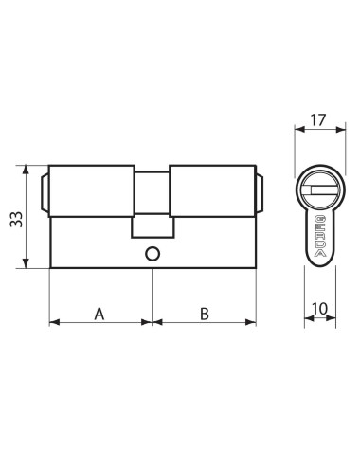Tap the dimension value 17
pyautogui.click(x=317, y=120)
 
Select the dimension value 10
pyautogui.click(x=320, y=309)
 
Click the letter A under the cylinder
pyautogui.click(x=99, y=315)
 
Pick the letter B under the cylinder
pyautogui.click(x=205, y=315)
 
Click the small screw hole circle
pyautogui.click(x=153, y=254)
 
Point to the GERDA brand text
pyautogui.click(x=320, y=236)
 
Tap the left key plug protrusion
pyautogui.click(x=45, y=192)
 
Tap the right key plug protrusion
pyautogui.click(x=260, y=192)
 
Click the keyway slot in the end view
pyautogui.click(x=325, y=189)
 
